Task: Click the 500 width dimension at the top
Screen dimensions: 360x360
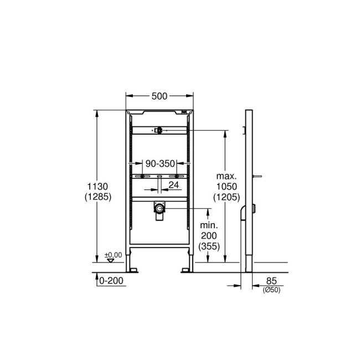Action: pos(160,96)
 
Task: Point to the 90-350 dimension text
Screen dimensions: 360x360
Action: pos(160,163)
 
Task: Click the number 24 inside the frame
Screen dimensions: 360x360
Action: pos(173,184)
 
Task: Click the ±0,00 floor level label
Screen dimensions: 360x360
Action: pos(113,254)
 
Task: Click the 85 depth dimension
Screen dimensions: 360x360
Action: pos(272,281)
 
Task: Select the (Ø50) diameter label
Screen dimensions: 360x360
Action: pos(272,290)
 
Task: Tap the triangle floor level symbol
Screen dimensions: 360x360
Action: pos(113,259)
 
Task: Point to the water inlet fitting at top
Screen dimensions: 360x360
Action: pos(158,131)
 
